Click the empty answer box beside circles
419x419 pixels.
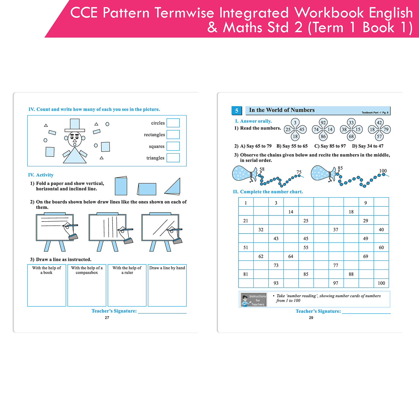tap(173, 123)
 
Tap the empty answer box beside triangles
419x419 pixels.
tap(173, 158)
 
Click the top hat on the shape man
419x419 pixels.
tap(75, 125)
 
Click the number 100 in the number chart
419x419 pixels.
tap(381, 283)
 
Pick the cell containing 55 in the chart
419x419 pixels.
tap(306, 247)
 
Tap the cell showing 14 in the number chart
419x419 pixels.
tap(291, 212)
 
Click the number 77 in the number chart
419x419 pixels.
tap(336, 265)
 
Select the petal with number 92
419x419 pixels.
tap(323, 123)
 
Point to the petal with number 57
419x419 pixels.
tap(379, 137)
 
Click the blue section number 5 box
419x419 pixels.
tap(237, 111)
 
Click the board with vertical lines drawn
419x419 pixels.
tap(108, 228)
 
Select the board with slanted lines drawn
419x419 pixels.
tap(160, 228)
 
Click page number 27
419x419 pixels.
tap(107, 318)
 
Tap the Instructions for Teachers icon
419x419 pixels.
tap(254, 300)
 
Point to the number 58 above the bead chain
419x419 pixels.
tap(262, 169)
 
